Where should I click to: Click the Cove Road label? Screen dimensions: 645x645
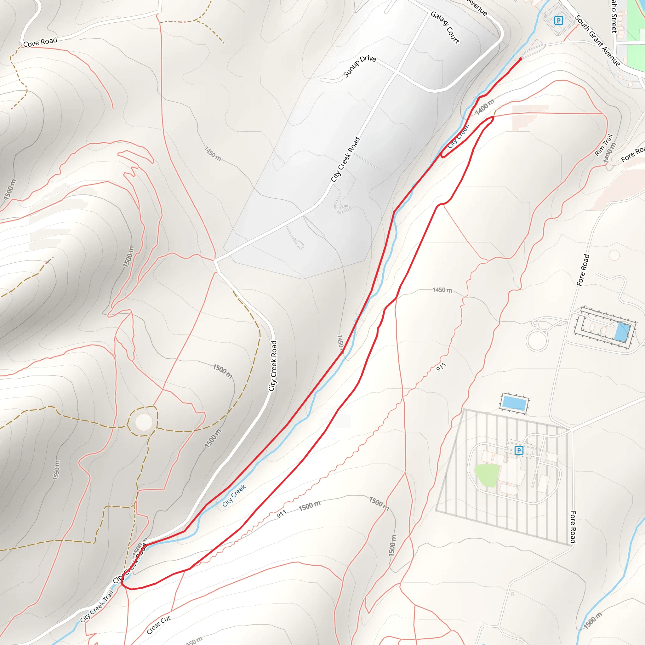(40, 43)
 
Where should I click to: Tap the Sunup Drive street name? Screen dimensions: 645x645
(360, 66)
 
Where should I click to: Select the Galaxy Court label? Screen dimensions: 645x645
(445, 27)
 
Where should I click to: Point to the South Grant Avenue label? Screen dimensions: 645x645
(597, 41)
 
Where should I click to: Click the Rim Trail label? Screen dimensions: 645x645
(604, 145)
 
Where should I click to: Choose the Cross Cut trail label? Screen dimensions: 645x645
(159, 624)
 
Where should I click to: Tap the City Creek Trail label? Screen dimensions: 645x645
(97, 606)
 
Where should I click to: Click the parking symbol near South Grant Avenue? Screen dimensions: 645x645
(558, 21)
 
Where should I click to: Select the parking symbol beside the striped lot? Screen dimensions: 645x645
(518, 450)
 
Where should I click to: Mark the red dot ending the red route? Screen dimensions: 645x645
(521, 59)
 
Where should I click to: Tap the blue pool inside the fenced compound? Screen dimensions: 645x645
(623, 332)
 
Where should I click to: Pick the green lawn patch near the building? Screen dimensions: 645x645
(487, 474)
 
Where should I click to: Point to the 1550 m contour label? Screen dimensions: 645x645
(56, 470)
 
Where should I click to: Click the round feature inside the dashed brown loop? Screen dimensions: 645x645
(144, 422)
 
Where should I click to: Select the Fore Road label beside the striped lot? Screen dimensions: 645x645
(573, 527)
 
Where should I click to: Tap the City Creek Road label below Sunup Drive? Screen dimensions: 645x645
(345, 159)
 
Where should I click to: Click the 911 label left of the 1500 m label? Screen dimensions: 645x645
(282, 514)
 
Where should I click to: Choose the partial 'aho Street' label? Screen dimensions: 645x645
(614, 16)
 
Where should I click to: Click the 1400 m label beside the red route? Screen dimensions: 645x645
(484, 107)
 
